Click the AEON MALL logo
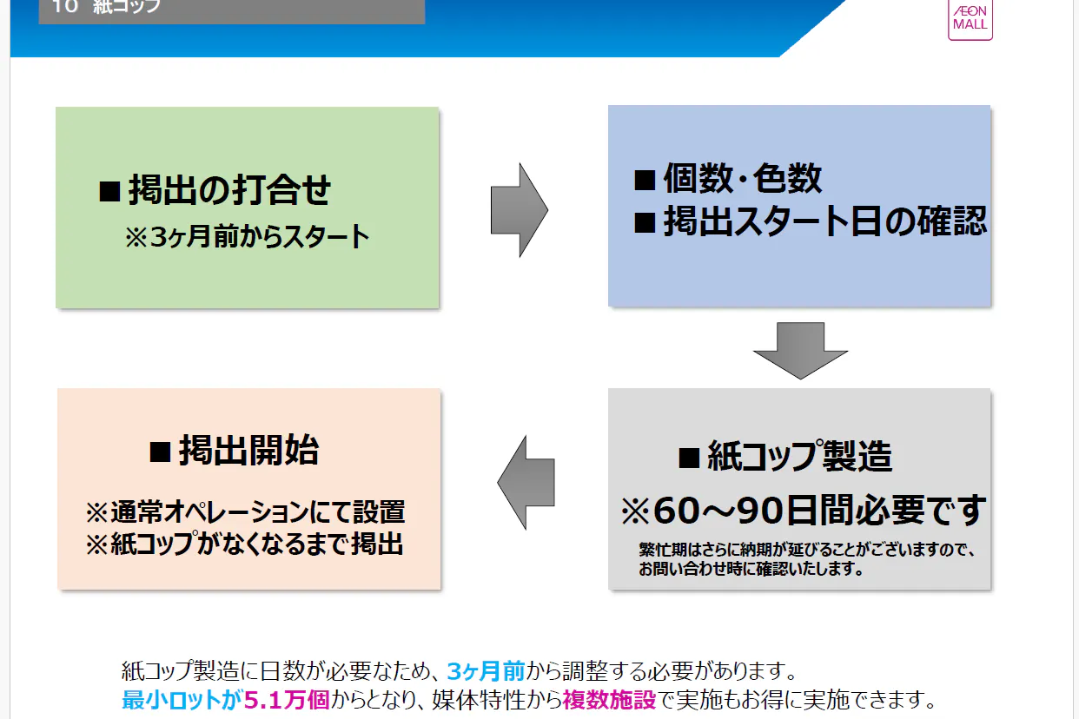(970, 18)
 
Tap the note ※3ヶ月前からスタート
(248, 238)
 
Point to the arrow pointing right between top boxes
(519, 210)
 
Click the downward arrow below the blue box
(799, 350)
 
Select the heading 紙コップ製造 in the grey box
(785, 456)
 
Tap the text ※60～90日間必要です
(803, 511)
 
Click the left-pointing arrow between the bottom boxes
(526, 482)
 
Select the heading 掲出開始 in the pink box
(235, 451)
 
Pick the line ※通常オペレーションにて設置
(245, 511)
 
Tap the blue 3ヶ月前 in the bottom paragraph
(486, 671)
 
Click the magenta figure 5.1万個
(287, 700)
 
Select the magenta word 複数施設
(608, 700)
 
